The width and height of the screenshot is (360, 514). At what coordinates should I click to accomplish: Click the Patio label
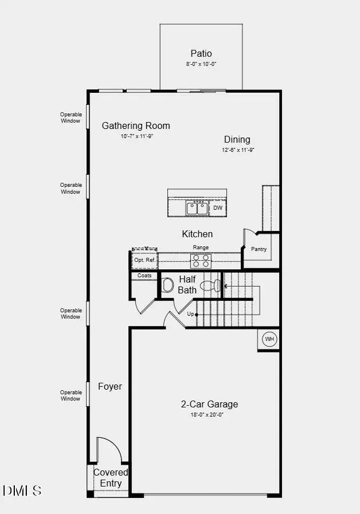pos(201,53)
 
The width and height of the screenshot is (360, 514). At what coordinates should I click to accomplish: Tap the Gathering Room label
pos(136,125)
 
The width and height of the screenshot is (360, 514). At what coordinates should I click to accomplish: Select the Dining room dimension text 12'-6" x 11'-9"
pos(237,150)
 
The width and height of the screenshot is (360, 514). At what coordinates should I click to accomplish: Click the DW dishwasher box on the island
pos(218,208)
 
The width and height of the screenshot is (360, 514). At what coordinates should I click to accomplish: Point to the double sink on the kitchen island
pos(197,208)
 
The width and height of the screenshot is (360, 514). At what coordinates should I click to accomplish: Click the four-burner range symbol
pos(201,261)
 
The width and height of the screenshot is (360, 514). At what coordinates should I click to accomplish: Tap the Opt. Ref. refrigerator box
pos(144,260)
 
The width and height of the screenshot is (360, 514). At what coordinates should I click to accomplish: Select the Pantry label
pos(259,249)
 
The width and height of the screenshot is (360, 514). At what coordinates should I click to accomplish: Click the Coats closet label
pos(144,276)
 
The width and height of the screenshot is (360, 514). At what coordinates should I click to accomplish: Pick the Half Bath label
pos(187,284)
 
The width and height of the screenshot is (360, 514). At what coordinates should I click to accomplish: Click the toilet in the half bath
pos(167,285)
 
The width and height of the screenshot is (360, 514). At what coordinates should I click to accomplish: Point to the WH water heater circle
pos(269,339)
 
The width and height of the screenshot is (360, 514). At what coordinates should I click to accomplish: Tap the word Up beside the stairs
pos(190,314)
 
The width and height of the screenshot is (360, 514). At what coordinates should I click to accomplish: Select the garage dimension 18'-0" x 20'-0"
pos(208,415)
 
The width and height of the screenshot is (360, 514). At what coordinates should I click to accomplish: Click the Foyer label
pos(109,386)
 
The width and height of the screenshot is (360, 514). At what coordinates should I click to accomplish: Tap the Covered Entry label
pos(111,478)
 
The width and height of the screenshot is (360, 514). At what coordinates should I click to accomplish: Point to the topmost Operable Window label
pos(71,117)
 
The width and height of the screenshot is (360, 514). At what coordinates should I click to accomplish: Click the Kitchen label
pos(197,234)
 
